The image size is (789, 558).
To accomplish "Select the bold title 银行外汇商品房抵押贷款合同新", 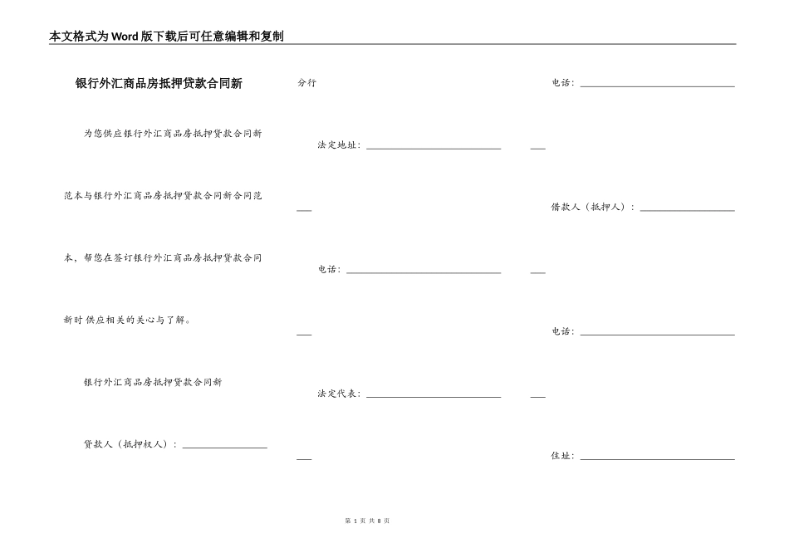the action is [x=159, y=84].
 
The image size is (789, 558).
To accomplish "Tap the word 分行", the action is [x=306, y=83].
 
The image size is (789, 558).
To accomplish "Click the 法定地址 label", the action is [x=338, y=145].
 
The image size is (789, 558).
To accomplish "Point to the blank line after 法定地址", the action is [x=434, y=148].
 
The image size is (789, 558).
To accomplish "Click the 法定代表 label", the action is [x=338, y=394].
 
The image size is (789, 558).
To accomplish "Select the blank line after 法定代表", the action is [x=434, y=396].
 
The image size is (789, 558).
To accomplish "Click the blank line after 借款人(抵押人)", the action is [x=687, y=210].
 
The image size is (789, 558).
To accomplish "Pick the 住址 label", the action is [x=562, y=456].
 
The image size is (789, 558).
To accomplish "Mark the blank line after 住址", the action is [x=657, y=458].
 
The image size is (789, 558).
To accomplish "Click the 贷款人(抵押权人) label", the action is [x=130, y=444].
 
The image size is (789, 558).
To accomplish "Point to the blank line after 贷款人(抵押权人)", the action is [x=224, y=447].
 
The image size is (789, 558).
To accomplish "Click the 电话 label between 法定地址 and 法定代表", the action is [x=329, y=270].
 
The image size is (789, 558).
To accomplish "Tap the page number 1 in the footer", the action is [x=355, y=521].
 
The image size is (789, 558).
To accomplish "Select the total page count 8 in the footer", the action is [x=379, y=521].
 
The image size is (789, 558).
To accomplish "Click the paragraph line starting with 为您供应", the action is [x=173, y=134].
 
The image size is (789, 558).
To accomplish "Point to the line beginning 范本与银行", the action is [x=163, y=196].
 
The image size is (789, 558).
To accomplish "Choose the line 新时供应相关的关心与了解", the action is [x=127, y=320].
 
